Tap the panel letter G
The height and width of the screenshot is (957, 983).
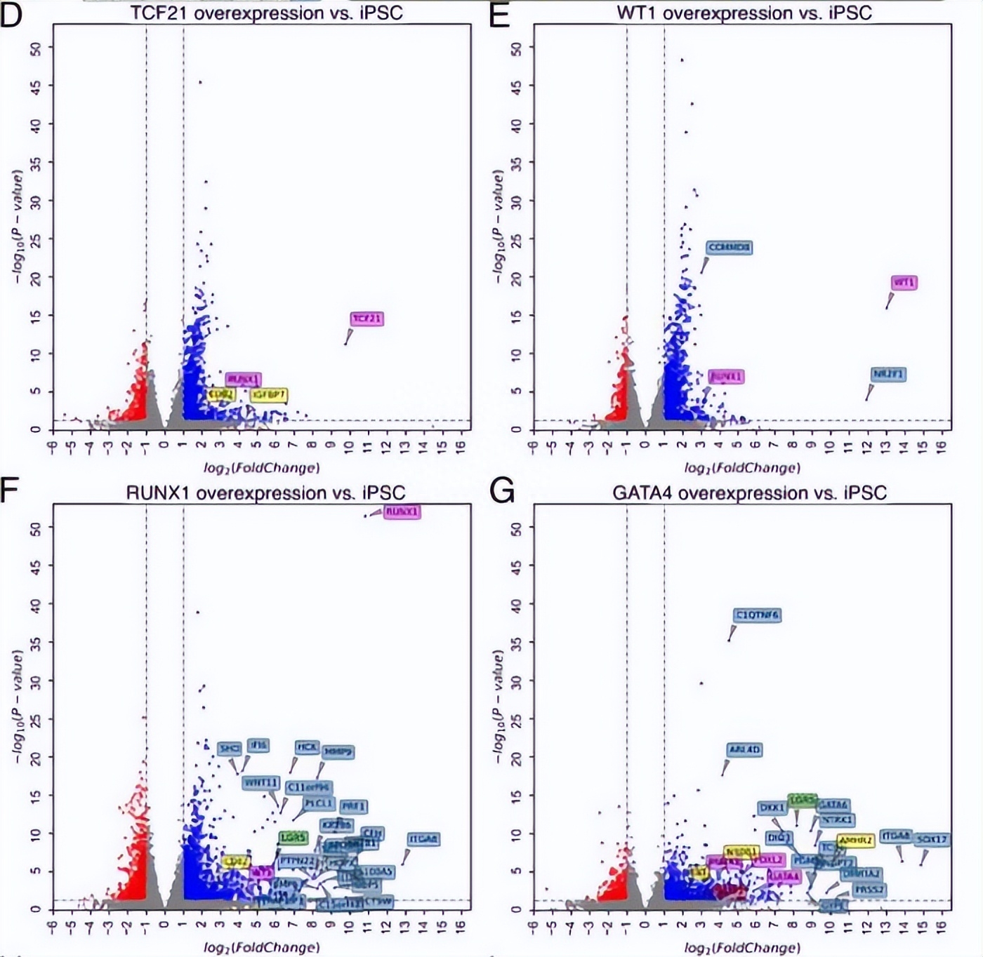(501, 493)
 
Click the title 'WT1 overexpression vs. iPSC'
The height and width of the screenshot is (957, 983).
(744, 13)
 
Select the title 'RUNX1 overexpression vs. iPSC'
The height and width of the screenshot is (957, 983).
(265, 493)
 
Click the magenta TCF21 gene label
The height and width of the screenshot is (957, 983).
(367, 319)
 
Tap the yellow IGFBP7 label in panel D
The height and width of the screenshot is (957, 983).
(269, 395)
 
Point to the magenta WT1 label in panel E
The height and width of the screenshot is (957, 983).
(904, 282)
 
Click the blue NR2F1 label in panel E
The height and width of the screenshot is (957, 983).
(888, 374)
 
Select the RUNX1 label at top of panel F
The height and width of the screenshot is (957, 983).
(402, 511)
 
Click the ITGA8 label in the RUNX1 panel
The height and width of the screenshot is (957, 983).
(423, 838)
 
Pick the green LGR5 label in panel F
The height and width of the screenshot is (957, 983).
(292, 837)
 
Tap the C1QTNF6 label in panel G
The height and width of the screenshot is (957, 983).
(757, 615)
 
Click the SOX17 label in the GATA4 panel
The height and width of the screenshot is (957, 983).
(932, 838)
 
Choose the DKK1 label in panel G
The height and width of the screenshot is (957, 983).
(772, 808)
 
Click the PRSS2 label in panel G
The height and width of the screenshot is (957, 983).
(869, 890)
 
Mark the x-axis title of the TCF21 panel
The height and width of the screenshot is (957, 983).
(261, 467)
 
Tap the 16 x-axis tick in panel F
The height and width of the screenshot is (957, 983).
(461, 926)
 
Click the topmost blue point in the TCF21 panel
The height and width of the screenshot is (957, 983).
(200, 82)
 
